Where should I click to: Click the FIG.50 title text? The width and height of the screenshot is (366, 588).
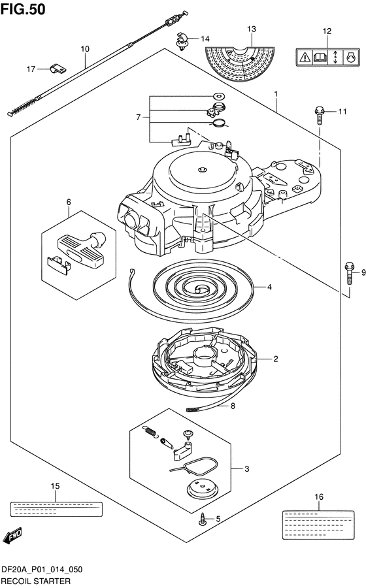[23, 9]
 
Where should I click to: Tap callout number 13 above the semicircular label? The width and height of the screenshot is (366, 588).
[252, 29]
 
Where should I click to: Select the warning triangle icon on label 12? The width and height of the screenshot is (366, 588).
[305, 57]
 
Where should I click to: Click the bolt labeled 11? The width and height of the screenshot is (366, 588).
[319, 116]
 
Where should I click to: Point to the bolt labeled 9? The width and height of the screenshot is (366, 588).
[349, 273]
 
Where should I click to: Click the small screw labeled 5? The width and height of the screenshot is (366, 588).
[203, 519]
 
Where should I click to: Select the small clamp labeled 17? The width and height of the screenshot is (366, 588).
[58, 69]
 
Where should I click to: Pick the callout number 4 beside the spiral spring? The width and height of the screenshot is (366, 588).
[269, 287]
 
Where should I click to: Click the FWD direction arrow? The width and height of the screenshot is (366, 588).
[12, 535]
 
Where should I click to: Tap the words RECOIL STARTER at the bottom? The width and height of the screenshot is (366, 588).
[36, 581]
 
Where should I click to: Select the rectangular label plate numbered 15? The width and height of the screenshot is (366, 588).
[56, 509]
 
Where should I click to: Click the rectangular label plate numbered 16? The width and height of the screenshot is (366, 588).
[318, 525]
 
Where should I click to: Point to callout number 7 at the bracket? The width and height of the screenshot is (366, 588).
[139, 118]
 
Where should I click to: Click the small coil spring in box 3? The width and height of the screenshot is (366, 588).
[150, 431]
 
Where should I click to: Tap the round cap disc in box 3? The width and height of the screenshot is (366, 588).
[203, 488]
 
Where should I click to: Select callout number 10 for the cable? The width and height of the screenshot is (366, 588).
[85, 48]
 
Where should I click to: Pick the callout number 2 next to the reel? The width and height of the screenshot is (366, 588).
[276, 359]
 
